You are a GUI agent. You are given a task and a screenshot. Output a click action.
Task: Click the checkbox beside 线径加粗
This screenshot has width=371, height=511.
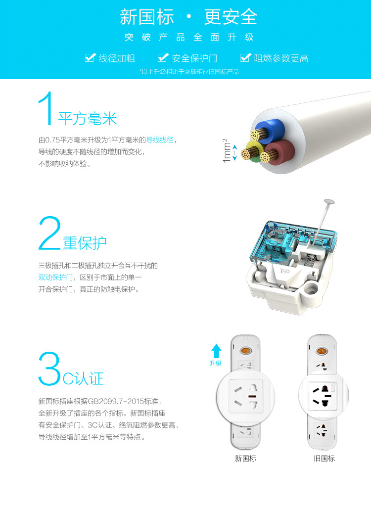tap(91, 58)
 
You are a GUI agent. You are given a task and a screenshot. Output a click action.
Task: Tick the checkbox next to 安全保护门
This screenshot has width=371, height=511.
tap(163, 58)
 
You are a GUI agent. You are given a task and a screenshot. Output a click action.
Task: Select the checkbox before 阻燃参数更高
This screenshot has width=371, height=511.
tap(245, 58)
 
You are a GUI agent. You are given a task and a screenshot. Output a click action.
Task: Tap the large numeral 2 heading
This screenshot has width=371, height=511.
tap(49, 233)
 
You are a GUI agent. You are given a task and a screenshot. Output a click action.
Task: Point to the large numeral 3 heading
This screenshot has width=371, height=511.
tap(49, 369)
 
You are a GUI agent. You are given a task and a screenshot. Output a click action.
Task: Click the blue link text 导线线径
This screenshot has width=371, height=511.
tap(159, 140)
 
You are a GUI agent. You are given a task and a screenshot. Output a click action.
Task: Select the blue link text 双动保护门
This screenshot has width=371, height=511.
tap(55, 278)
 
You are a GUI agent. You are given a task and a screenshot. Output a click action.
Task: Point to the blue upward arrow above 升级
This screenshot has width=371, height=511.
tap(216, 351)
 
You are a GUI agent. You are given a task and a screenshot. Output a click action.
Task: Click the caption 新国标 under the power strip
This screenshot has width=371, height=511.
tap(246, 459)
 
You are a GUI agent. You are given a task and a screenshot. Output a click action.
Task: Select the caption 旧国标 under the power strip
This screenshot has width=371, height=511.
tap(324, 459)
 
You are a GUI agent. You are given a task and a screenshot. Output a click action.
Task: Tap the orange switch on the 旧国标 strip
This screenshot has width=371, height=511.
tap(322, 351)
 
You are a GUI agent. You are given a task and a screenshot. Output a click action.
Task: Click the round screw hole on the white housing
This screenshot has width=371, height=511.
tap(311, 289)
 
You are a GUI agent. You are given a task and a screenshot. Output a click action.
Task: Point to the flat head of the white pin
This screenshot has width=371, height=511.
tap(329, 202)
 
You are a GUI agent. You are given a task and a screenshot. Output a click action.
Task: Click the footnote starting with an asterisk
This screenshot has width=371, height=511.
tap(189, 72)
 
